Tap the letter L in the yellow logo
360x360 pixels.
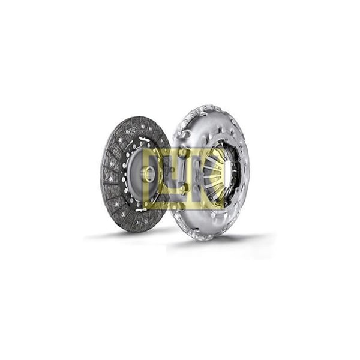157,179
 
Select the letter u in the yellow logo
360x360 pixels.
181,179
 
